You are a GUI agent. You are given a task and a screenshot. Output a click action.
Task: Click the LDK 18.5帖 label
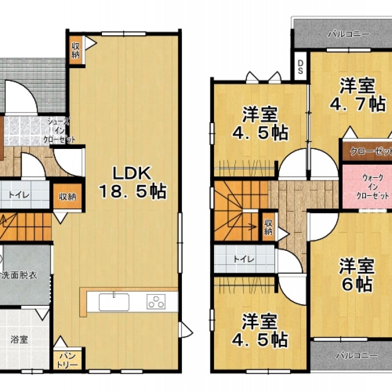[132, 182]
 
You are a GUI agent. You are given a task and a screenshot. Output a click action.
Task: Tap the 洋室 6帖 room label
[357, 275]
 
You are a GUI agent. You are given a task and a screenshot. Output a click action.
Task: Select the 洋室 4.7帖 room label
[358, 95]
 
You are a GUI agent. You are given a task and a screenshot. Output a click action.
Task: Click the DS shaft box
[300, 66]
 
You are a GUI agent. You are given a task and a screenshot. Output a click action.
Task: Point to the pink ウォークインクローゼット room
[367, 187]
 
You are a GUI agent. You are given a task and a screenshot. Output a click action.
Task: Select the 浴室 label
[19, 340]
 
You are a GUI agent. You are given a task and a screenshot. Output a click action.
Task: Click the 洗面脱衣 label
[20, 275]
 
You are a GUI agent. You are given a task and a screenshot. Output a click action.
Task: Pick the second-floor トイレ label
[244, 259]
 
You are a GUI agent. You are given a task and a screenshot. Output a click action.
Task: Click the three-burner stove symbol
[156, 301]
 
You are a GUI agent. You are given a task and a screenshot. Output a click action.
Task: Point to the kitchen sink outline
[114, 302]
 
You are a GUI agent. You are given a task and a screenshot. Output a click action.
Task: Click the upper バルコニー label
[348, 34]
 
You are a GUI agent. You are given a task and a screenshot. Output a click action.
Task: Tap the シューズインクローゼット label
[59, 130]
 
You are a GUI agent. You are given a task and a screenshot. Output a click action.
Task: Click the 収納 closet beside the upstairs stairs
[268, 227]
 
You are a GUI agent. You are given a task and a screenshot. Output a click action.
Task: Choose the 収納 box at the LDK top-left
[76, 50]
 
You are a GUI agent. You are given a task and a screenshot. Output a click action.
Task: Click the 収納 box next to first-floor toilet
[68, 197]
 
